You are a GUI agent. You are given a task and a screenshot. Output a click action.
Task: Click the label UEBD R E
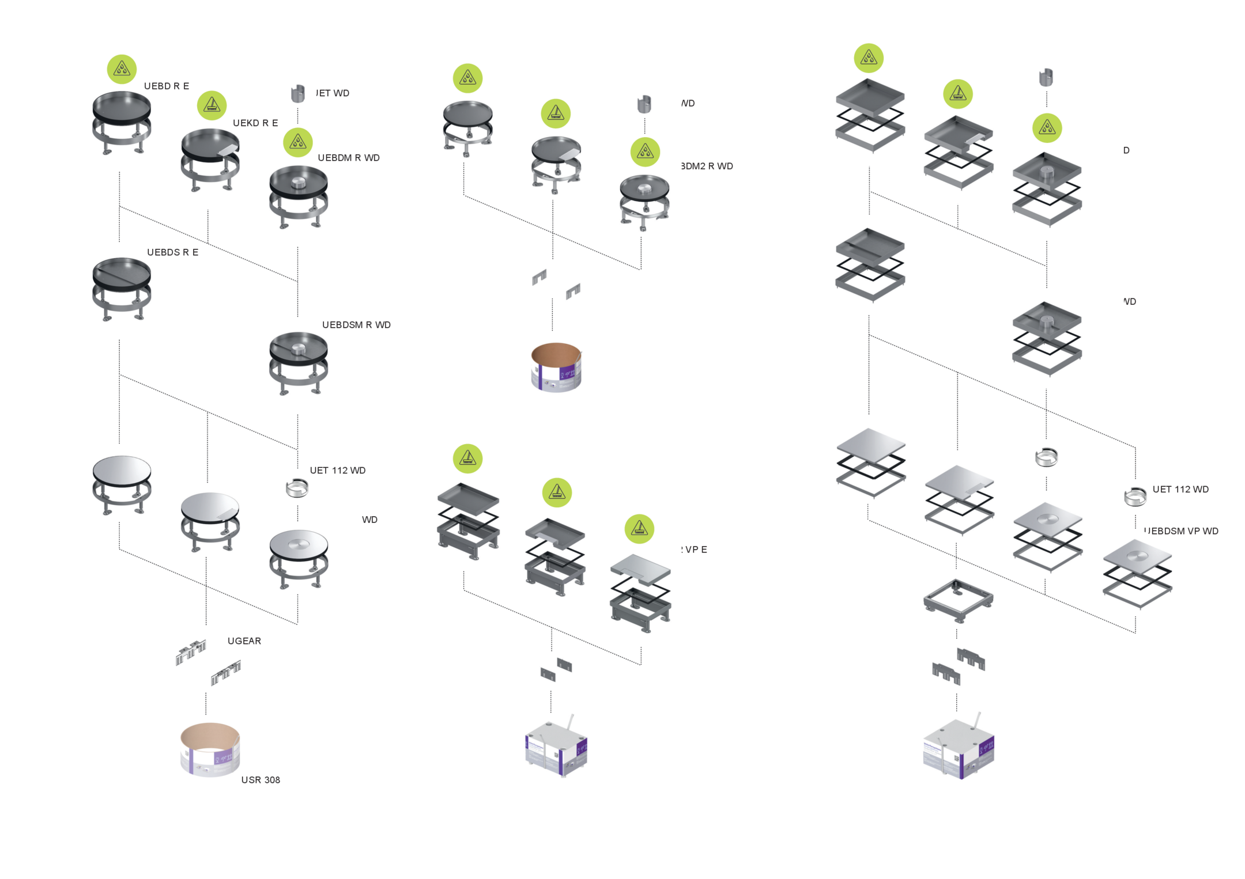click(166, 86)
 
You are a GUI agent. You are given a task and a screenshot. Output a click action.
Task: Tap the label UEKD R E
click(255, 123)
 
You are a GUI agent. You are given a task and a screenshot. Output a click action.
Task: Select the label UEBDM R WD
click(348, 158)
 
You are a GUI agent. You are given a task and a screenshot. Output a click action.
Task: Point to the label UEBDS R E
click(172, 252)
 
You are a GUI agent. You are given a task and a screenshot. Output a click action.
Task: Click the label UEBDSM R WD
click(356, 325)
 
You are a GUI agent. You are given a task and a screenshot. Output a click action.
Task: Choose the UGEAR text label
click(244, 641)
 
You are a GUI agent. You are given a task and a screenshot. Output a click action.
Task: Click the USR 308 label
click(261, 780)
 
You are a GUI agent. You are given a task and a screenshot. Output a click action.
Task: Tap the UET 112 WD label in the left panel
click(337, 471)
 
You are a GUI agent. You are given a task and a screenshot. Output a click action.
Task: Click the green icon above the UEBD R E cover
click(122, 69)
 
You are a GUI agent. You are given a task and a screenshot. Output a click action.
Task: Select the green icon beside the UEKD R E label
click(212, 105)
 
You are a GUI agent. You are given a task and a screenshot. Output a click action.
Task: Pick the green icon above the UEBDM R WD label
click(298, 142)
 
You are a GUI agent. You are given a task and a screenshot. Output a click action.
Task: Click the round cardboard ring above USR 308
click(210, 749)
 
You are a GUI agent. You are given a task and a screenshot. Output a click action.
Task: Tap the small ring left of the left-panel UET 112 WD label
click(297, 489)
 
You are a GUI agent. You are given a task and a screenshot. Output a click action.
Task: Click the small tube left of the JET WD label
click(297, 93)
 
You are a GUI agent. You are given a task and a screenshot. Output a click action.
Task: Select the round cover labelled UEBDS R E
click(122, 288)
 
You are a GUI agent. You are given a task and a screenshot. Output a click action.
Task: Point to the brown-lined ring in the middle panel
click(556, 367)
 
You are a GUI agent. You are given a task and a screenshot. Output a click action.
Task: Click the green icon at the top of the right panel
click(869, 58)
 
